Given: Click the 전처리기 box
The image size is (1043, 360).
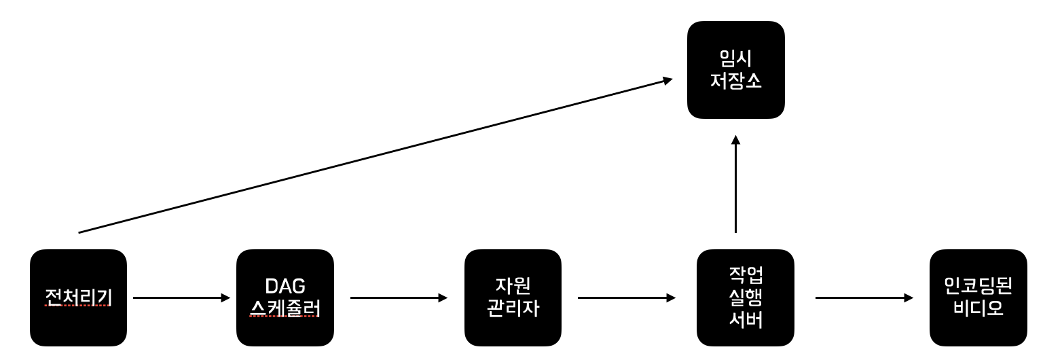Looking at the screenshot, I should click(x=78, y=298).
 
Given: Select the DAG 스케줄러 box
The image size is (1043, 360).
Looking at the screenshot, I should click(x=285, y=298).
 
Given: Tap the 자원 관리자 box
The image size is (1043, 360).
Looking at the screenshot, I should click(x=513, y=298).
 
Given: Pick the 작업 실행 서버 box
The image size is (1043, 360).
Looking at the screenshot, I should click(x=746, y=298).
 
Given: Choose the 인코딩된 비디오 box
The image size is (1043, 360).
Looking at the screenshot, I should click(x=978, y=298).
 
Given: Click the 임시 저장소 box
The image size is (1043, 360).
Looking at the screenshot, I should click(x=736, y=70).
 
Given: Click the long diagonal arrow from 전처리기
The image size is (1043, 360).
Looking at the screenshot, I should click(x=373, y=156).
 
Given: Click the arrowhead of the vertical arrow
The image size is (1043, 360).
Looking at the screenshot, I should click(x=735, y=140).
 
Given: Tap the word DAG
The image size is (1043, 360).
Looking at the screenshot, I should click(x=285, y=286).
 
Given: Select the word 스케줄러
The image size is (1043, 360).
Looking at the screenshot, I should click(x=285, y=309).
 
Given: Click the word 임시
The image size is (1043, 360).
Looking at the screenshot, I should click(x=736, y=58).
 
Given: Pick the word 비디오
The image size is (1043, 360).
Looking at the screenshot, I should click(x=978, y=309).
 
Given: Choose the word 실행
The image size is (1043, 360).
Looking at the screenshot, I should click(x=746, y=298).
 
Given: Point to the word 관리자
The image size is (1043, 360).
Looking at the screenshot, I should click(x=513, y=309).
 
